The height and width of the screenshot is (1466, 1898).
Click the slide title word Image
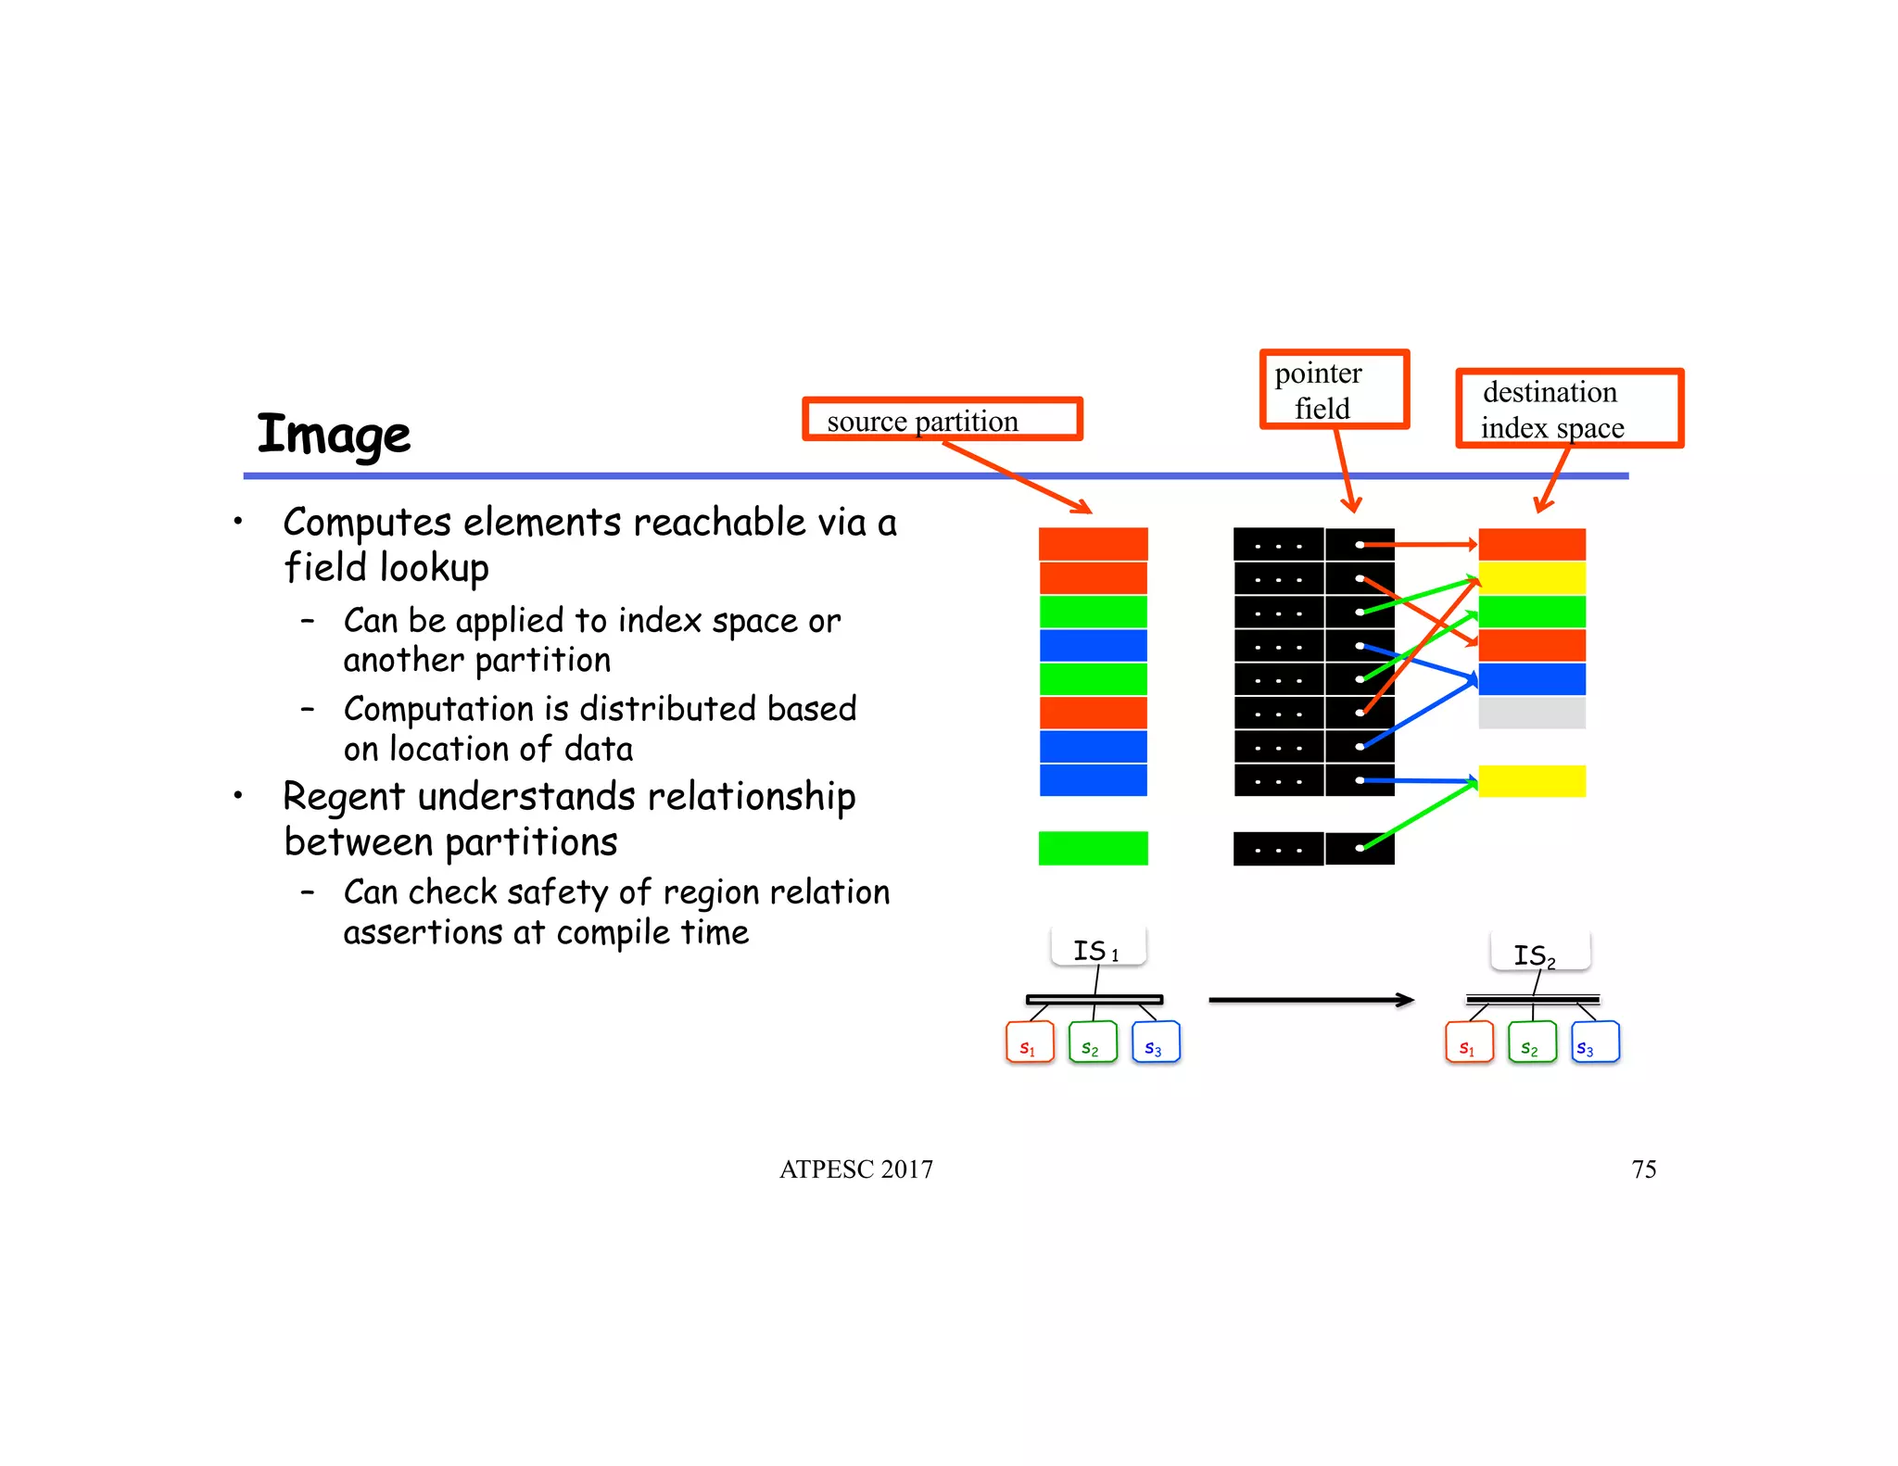click(334, 435)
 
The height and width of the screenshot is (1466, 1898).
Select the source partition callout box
click(942, 420)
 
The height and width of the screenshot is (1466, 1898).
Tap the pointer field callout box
click(1334, 390)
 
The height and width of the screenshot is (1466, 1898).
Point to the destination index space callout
click(1569, 409)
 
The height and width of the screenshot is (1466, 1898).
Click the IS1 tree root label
click(1098, 949)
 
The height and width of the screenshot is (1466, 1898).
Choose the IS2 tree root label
click(1539, 954)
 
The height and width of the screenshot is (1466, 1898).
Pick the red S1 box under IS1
click(1030, 1043)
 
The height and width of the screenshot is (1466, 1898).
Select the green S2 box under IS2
click(1532, 1043)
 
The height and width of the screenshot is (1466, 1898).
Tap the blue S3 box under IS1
click(1156, 1043)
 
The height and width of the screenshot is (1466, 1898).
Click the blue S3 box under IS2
click(1595, 1043)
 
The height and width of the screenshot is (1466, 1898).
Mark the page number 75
click(1643, 1169)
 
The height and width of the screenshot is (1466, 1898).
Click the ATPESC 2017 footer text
click(855, 1169)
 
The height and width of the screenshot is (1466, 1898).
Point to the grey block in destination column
click(1531, 713)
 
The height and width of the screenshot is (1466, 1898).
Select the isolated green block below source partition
click(1093, 848)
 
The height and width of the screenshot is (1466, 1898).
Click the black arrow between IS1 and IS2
click(1310, 1000)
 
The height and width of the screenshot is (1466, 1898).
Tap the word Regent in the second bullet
click(344, 797)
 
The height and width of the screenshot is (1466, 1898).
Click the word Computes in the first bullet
click(367, 523)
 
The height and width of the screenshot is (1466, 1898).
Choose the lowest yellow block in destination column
click(1531, 781)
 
